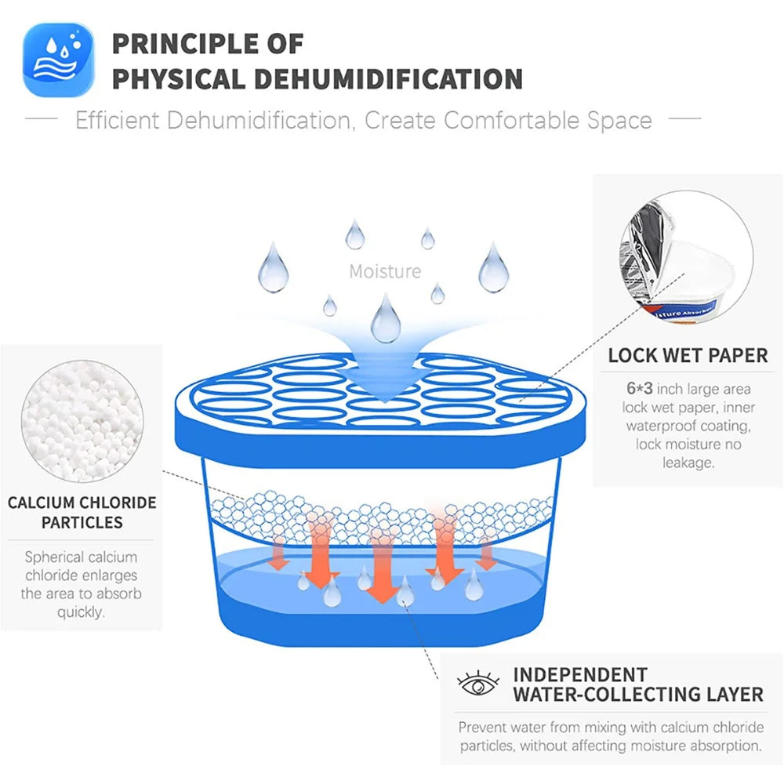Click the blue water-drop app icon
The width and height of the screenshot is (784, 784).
[59, 60]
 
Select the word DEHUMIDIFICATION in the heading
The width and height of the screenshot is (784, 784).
[388, 79]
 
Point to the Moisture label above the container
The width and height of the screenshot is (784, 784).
[385, 271]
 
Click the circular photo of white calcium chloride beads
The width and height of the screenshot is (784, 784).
[82, 421]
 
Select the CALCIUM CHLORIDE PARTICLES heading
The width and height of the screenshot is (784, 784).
[82, 513]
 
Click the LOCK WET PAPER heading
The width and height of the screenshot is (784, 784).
[688, 355]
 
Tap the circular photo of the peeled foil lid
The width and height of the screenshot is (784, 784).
[687, 256]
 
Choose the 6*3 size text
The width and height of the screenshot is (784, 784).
[640, 389]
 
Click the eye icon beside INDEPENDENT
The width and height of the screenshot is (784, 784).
[478, 683]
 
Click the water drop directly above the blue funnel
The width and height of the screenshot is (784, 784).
[386, 318]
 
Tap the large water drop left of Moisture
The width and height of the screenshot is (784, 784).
[273, 268]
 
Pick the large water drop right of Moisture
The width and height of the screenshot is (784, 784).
[493, 268]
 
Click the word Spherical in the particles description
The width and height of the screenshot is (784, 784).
[55, 557]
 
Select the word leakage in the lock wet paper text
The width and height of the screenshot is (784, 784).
[688, 463]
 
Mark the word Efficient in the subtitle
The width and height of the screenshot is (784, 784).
[117, 121]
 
